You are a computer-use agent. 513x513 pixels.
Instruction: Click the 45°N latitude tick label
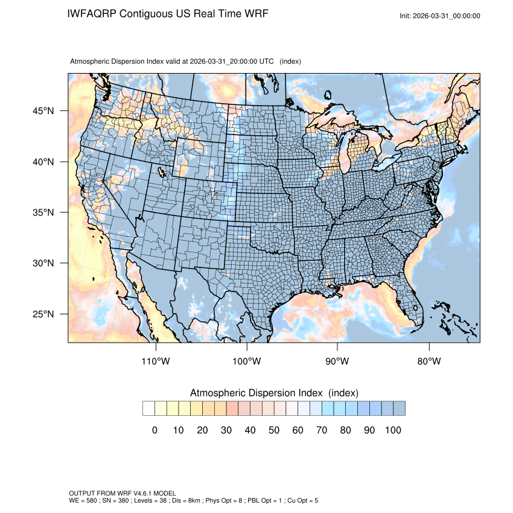coord(43,111)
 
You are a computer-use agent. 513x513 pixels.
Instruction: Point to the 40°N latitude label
coord(43,162)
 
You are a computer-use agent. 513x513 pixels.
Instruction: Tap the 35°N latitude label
coord(43,212)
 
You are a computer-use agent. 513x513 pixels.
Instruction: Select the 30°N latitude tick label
coord(43,263)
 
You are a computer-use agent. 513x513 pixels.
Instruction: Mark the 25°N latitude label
coord(43,314)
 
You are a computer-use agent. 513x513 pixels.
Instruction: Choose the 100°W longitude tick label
coord(247,362)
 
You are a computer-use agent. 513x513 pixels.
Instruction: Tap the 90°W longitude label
coord(337,362)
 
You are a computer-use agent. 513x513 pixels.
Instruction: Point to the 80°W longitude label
coord(429,362)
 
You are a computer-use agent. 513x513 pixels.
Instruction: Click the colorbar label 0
coord(155,430)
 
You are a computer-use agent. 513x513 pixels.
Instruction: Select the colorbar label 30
coord(226,430)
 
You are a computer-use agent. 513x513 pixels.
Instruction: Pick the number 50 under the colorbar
coord(273,430)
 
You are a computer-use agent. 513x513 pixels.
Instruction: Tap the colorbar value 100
coord(392,430)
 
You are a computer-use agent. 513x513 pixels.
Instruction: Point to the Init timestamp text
coord(440,16)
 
